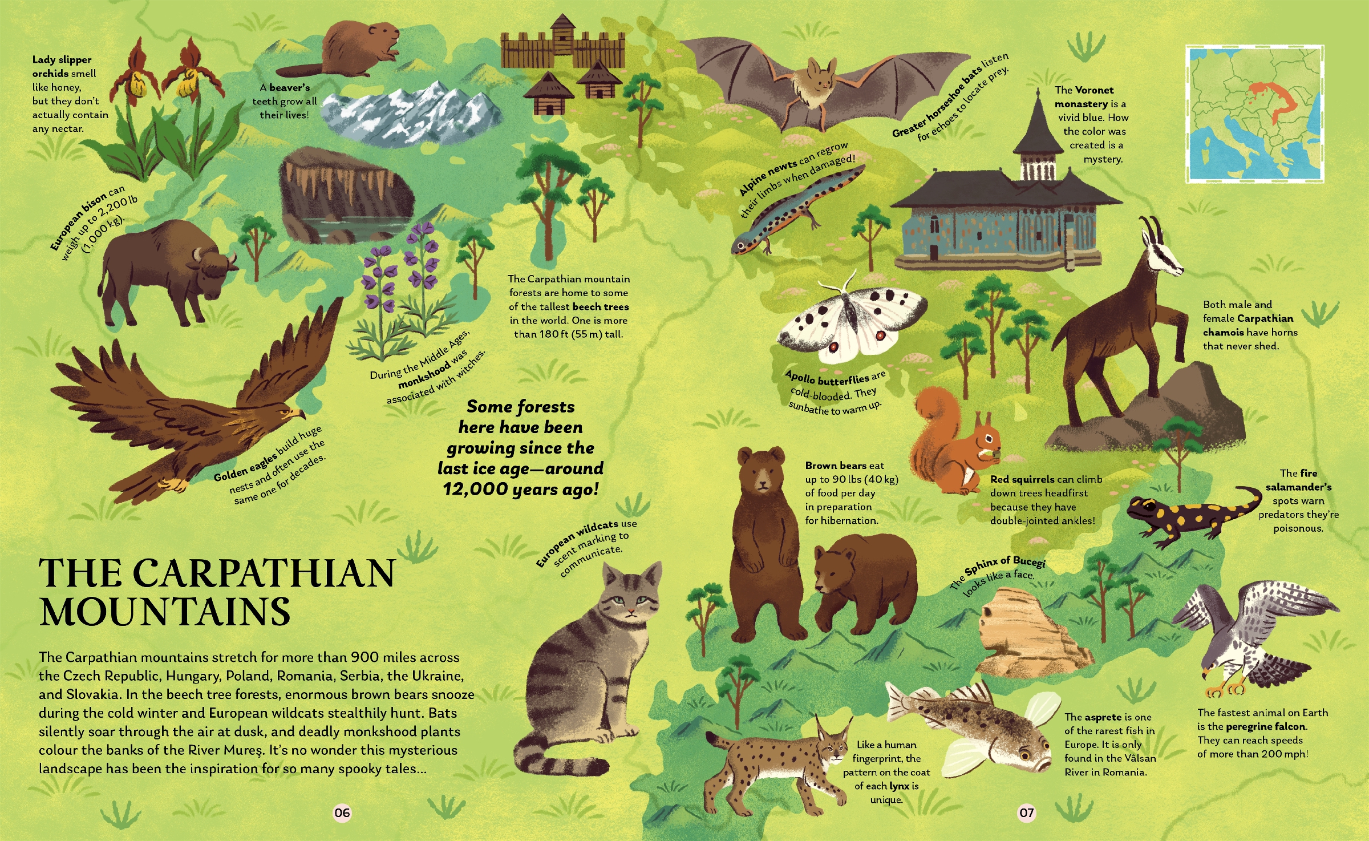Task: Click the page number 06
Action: click(x=342, y=812)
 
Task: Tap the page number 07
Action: click(x=1026, y=812)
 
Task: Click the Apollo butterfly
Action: click(x=850, y=322)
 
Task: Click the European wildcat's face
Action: click(x=630, y=596)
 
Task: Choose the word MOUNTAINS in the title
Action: click(x=165, y=612)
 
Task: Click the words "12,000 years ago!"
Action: click(x=521, y=489)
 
